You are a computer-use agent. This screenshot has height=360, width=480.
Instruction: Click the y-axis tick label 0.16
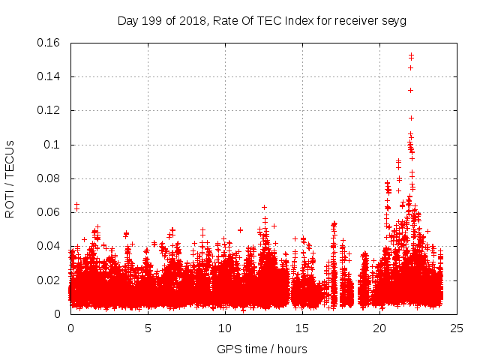tap(49, 43)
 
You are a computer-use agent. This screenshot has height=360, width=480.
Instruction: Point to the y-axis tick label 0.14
tap(49, 76)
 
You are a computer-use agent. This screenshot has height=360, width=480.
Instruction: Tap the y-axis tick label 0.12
tap(49, 110)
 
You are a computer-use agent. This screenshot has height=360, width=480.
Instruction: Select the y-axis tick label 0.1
tap(53, 145)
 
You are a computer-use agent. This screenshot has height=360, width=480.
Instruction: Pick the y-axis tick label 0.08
tap(49, 178)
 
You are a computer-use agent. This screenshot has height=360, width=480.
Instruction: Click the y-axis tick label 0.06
tap(49, 212)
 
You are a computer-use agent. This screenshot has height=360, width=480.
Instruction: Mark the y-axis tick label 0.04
tap(49, 246)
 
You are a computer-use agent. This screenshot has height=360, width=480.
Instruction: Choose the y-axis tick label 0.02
tap(49, 280)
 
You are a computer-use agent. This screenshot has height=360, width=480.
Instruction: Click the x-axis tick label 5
tap(148, 328)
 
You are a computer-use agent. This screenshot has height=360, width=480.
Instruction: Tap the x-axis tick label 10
tap(225, 328)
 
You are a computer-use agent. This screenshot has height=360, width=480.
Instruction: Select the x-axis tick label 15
tap(302, 328)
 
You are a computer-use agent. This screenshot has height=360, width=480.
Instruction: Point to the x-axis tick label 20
tap(379, 328)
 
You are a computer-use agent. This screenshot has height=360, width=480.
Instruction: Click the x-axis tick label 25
tap(457, 328)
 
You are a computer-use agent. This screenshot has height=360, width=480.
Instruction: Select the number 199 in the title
tap(151, 20)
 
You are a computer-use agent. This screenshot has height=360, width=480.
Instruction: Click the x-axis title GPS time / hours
tap(262, 349)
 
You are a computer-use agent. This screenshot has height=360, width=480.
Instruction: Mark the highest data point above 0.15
tap(411, 54)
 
